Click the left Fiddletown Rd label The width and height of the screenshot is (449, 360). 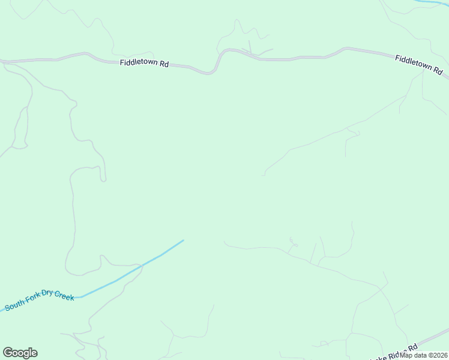144,62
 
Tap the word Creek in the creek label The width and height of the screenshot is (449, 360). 64,295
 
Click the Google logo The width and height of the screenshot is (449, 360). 20,353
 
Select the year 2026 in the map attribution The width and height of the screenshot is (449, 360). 438,355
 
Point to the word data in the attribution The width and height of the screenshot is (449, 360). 420,355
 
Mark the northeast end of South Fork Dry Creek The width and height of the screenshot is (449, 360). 182,241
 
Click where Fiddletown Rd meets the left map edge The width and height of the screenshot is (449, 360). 1,61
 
